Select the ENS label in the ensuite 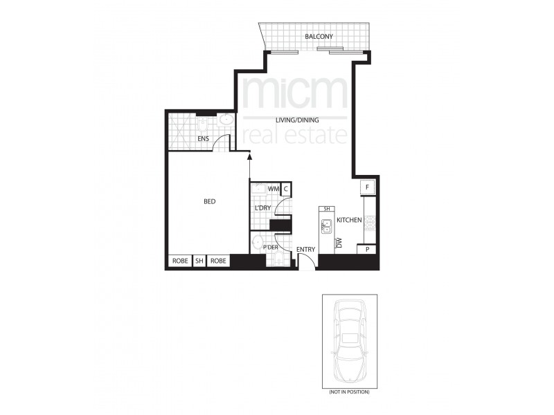point(204,138)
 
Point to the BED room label point(209,202)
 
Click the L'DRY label point(263,208)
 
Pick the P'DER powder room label point(269,246)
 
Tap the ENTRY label point(305,250)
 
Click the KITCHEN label point(350,220)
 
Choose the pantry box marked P point(366,250)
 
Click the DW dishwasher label point(339,243)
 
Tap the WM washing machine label point(273,189)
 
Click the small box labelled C point(286,189)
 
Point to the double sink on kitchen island point(326,224)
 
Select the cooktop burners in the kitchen point(370,222)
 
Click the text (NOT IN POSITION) point(349,392)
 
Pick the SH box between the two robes point(199,261)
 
